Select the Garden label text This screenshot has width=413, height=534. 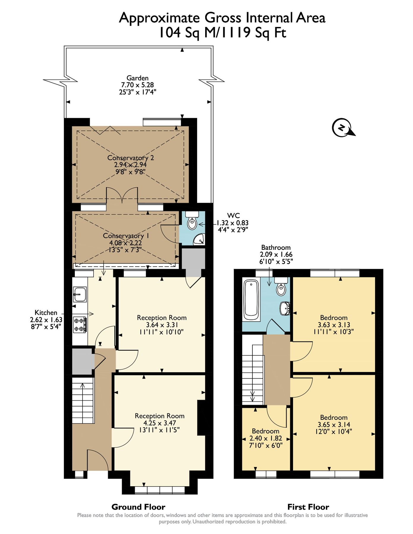(137, 78)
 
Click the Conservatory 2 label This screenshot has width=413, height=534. (131, 158)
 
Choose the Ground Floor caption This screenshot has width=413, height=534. (138, 507)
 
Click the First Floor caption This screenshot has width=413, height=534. (308, 507)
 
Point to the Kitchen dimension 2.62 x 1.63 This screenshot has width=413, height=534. (46, 320)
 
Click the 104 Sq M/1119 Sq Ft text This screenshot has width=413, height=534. (222, 32)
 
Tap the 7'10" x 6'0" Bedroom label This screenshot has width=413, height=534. (266, 445)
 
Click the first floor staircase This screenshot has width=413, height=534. (253, 369)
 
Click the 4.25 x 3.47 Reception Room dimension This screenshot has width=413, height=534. (160, 423)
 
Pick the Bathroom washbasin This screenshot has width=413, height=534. (285, 309)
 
